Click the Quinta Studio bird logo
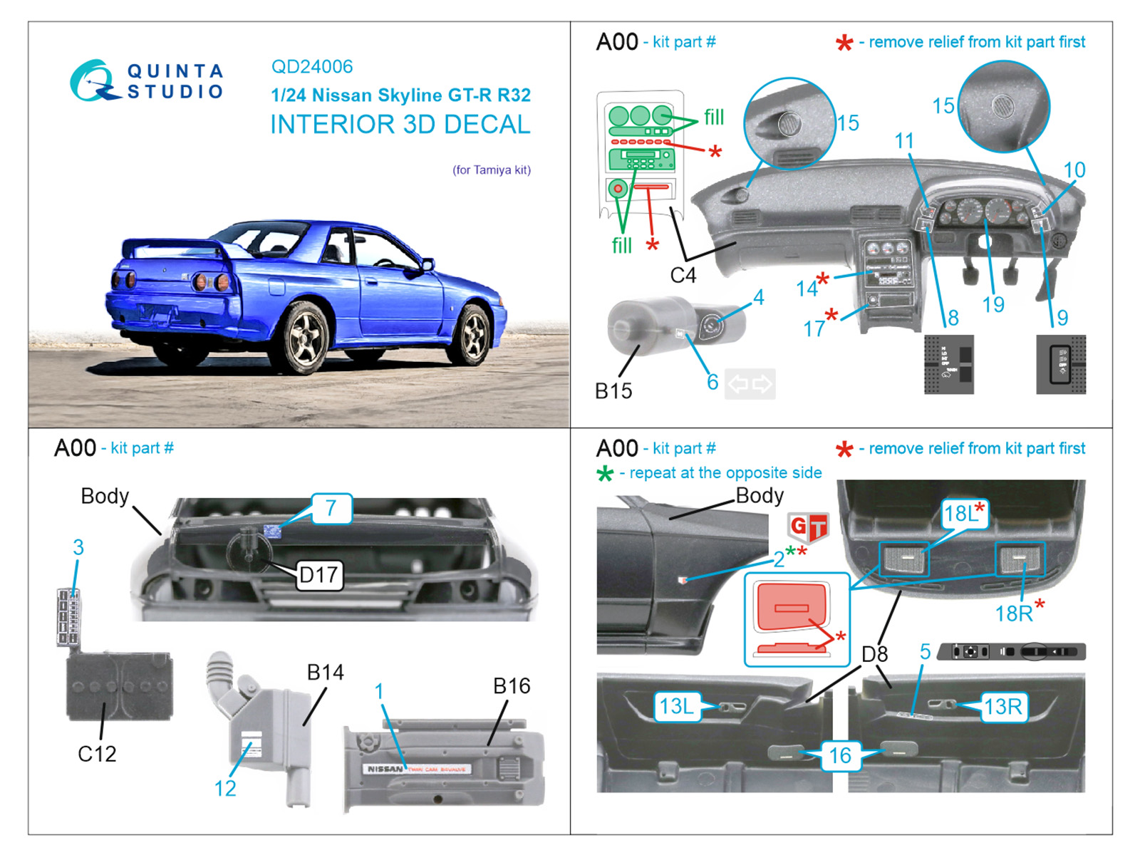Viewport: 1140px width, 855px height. pos(93,81)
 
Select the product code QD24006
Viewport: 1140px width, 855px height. pos(312,67)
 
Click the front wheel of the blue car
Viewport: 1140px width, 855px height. pos(471,333)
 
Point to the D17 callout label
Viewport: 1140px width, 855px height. pos(318,575)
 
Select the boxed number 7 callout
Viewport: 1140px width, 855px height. pos(331,508)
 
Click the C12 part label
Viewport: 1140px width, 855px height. pos(97,753)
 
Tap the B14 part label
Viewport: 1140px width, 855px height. pos(325,672)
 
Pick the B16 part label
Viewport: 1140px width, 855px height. pos(512,685)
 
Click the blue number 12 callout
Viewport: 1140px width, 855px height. pos(225,788)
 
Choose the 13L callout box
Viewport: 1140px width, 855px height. pos(676,706)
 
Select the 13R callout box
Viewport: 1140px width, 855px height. pos(1002,706)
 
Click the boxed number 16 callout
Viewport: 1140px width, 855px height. pos(840,755)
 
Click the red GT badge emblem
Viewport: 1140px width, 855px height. pos(808,528)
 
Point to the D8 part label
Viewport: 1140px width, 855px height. pos(874,654)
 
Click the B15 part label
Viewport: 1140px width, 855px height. pos(613,390)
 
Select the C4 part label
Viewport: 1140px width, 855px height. pos(683,275)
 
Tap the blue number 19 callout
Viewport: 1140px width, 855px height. pos(993,305)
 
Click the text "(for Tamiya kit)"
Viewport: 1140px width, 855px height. pos(492,170)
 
